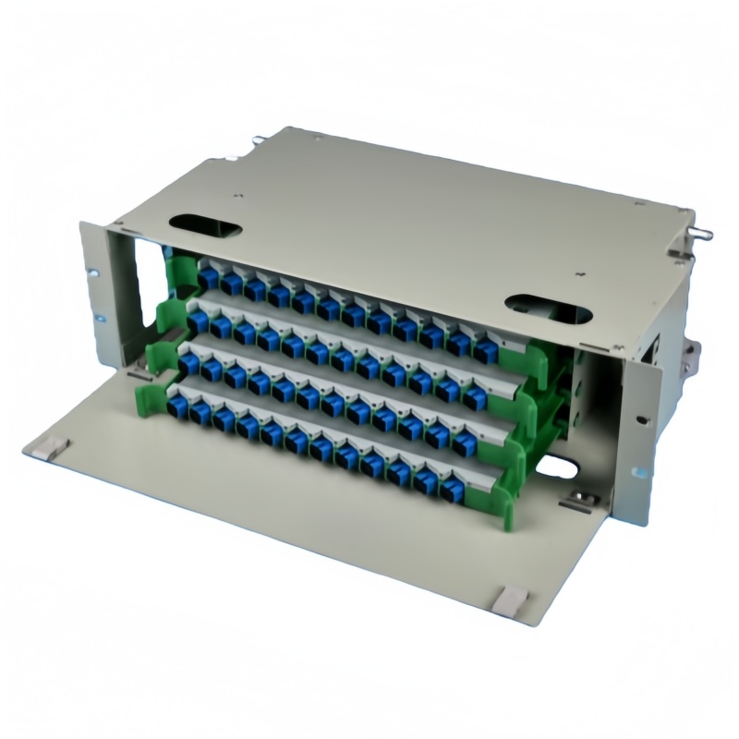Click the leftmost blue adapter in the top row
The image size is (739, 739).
(x=208, y=275)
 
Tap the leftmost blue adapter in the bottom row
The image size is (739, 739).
(x=175, y=406)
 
